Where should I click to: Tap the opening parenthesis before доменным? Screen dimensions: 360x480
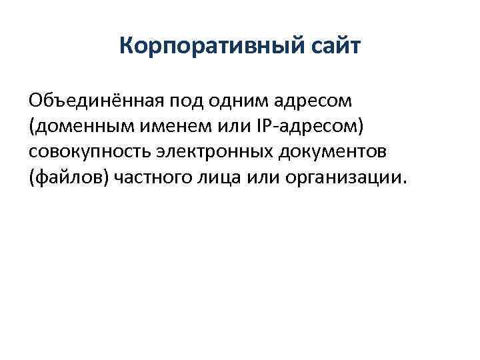(31, 127)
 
